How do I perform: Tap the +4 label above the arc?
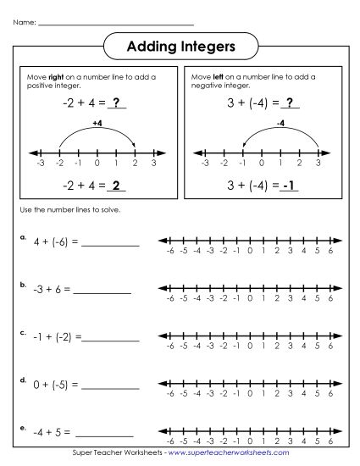coord(96,123)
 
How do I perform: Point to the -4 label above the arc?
coord(281,123)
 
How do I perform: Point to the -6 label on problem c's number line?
coord(170,346)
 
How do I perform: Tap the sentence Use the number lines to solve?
coord(64,210)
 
